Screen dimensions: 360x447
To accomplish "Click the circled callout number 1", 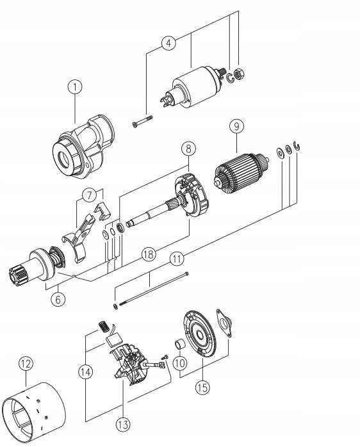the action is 75,87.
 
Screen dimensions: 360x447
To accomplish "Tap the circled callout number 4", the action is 168,44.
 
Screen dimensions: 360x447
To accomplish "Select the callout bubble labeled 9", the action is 236,126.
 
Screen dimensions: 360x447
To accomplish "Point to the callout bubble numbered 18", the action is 149,254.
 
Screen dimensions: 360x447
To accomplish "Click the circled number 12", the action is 26,364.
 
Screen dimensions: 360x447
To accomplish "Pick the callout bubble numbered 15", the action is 202,387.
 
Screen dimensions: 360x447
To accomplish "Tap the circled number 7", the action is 90,195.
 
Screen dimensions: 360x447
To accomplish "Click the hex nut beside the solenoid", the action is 239,75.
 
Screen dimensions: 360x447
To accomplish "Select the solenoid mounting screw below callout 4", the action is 142,121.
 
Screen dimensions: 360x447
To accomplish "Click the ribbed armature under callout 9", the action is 241,170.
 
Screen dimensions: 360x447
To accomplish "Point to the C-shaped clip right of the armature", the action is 298,145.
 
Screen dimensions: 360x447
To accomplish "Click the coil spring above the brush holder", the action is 104,326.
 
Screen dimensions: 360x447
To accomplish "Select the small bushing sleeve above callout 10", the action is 180,343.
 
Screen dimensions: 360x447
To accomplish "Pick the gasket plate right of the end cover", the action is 224,323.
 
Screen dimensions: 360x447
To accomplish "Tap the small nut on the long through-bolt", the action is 115,307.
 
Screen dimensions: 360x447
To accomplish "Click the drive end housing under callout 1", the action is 83,148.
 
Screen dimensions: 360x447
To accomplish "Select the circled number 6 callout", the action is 58,299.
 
